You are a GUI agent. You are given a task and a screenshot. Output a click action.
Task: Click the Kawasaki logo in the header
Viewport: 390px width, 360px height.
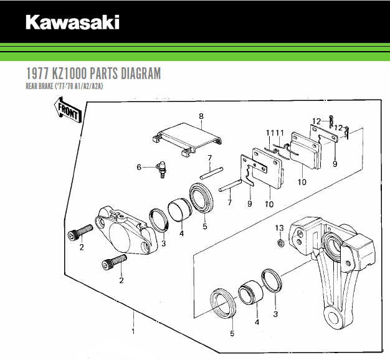click(x=72, y=22)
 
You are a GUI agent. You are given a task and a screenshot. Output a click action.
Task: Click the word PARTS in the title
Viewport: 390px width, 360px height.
click(x=103, y=73)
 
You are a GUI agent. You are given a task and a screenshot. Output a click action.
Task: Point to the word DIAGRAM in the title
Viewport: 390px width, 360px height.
click(x=141, y=73)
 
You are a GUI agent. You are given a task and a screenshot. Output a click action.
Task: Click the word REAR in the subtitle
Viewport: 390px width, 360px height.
click(x=31, y=87)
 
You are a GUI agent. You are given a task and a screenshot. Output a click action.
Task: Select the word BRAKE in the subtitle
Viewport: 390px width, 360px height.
click(x=45, y=87)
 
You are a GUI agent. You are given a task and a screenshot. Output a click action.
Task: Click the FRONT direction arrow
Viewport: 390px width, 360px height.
click(x=68, y=110)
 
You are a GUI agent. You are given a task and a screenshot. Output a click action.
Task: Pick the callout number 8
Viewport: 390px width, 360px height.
click(x=201, y=116)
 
